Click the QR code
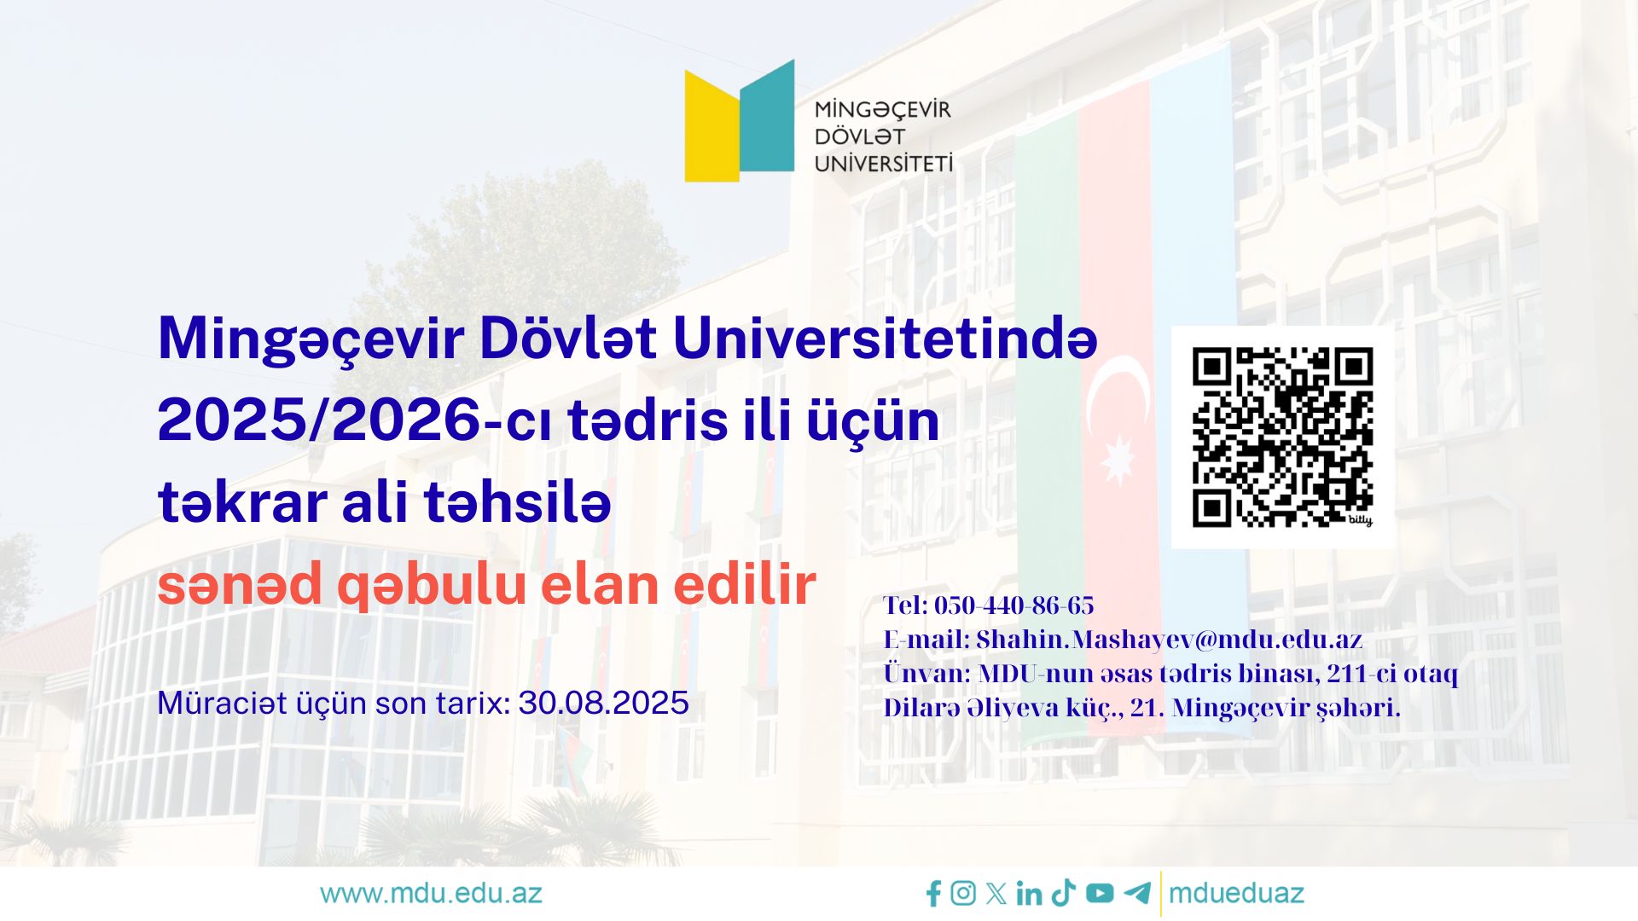click(1282, 437)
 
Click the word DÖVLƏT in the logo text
click(859, 136)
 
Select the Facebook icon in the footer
click(933, 894)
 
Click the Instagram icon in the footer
click(963, 893)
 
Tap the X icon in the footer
click(996, 894)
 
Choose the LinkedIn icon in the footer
click(1029, 894)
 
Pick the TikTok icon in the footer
click(1063, 893)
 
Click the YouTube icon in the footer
click(1100, 893)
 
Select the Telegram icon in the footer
click(1136, 893)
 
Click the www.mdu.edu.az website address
click(431, 894)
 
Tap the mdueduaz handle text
click(1236, 894)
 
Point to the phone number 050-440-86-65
click(1014, 605)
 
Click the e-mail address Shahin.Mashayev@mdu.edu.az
click(1169, 640)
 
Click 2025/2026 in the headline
click(320, 420)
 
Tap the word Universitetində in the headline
click(885, 339)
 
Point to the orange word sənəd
click(240, 586)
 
